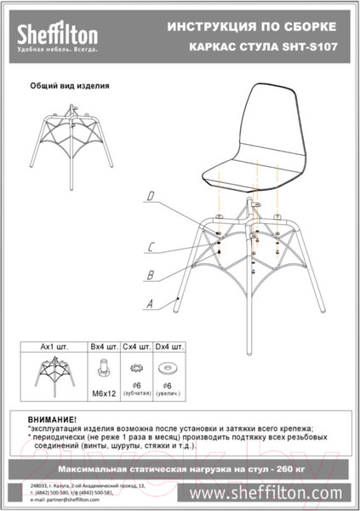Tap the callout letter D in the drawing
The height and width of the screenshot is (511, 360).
click(150, 197)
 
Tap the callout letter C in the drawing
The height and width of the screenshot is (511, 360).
click(149, 248)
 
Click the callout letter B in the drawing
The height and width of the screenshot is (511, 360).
click(149, 275)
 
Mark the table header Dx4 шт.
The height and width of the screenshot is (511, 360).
click(168, 347)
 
